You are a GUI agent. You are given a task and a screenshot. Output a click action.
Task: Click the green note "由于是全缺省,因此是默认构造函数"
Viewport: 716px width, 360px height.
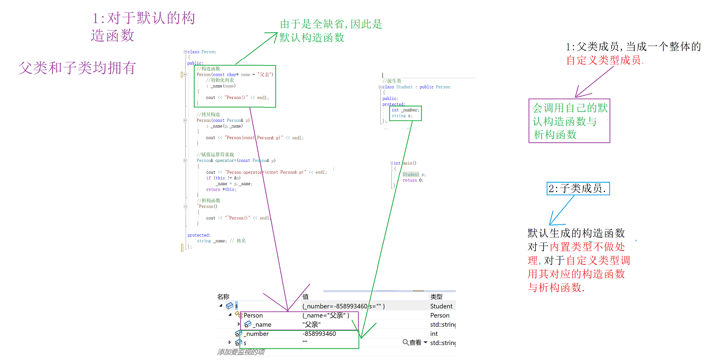pos(331,31)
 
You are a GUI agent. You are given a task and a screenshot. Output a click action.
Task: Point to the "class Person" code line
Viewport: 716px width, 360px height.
pos(201,51)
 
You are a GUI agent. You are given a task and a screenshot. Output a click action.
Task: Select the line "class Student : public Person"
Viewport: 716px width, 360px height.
pos(416,87)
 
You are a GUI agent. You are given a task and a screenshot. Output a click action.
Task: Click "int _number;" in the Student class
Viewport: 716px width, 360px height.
pos(406,110)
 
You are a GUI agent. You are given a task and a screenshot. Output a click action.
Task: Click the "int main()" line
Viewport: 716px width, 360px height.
pos(405,163)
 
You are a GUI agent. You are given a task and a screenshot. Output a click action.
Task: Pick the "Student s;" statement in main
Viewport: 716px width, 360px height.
pos(414,174)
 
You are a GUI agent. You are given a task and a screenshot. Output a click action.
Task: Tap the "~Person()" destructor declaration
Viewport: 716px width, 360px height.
pos(207,206)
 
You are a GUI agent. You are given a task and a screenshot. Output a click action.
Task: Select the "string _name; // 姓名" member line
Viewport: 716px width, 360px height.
pos(221,241)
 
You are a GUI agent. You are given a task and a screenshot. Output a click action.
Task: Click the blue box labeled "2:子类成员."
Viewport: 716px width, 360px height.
pos(578,189)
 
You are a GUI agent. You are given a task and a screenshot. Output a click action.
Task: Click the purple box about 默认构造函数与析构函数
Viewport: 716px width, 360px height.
pos(569,121)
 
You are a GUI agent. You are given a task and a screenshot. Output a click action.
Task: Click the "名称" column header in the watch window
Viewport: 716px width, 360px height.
pos(223,297)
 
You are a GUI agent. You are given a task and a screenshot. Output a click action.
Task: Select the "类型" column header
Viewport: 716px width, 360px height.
pos(436,297)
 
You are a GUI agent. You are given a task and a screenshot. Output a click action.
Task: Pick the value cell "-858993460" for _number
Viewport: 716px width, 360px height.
pos(319,334)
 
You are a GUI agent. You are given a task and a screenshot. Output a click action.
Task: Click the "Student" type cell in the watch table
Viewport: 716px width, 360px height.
pos(441,306)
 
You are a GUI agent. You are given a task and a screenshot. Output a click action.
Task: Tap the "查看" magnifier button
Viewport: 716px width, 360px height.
pos(414,343)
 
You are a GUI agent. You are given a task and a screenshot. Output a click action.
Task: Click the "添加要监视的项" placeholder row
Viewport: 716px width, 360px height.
pos(241,352)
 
